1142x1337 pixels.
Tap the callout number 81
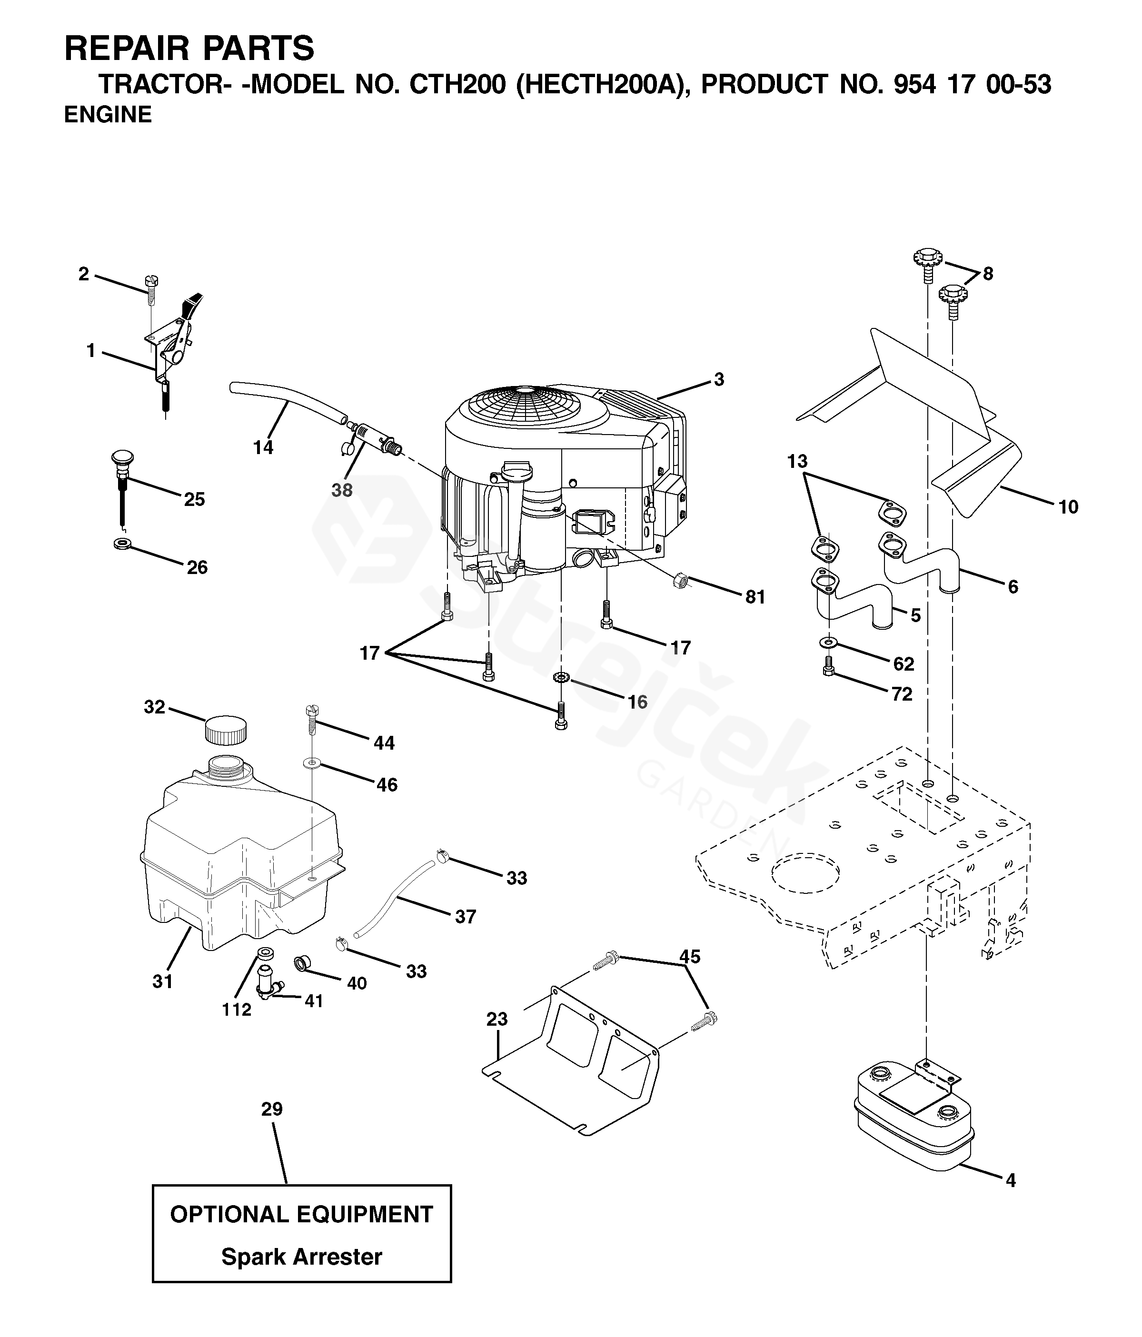coord(755,597)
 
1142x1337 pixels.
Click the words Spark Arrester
coord(301,1257)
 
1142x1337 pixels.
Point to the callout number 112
coord(236,1010)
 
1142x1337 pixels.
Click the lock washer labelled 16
coord(561,677)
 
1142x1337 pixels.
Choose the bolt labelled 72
coord(828,666)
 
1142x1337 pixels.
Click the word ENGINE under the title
coord(108,115)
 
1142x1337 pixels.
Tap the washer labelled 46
coord(312,763)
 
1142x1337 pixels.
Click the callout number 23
coord(497,1019)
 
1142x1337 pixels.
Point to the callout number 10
coord(1068,507)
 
